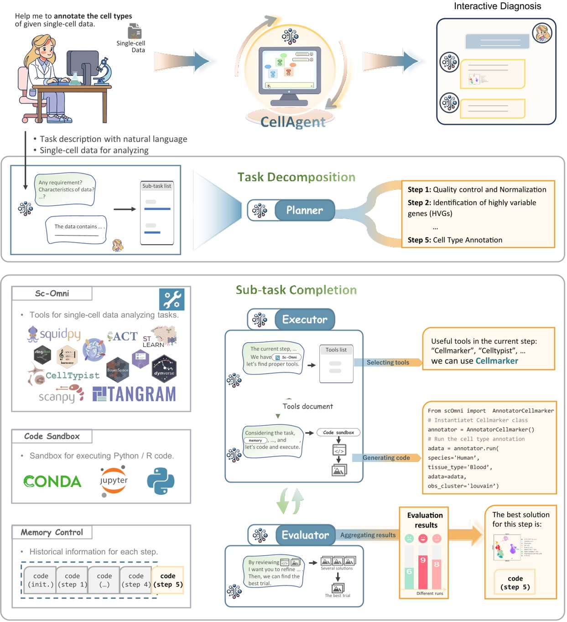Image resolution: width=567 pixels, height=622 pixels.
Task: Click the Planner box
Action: point(304,210)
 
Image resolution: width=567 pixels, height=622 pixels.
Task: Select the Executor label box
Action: point(304,319)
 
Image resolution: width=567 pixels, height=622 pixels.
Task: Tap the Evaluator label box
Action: point(305,535)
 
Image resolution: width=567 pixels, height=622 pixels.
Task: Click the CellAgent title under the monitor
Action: point(293,122)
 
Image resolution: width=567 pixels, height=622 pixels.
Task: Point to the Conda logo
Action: point(52,481)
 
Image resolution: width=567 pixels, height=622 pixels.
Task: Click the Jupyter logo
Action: point(114,481)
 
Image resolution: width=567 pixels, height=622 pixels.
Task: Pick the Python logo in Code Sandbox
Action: point(161,481)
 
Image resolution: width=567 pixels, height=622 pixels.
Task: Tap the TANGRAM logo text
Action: point(135,394)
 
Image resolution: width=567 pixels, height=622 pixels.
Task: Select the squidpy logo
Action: point(54,335)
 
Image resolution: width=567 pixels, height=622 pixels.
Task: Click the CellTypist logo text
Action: point(72,376)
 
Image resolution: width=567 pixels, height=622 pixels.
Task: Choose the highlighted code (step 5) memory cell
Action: point(168,580)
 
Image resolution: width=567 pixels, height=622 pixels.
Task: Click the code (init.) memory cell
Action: point(41,580)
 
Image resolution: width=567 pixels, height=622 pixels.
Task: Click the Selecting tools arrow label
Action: point(388,362)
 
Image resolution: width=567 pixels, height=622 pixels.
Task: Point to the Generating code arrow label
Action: point(386,458)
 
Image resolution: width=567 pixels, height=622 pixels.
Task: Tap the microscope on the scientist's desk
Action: point(103,71)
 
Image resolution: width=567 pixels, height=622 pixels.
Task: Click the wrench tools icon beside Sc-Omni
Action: point(172,299)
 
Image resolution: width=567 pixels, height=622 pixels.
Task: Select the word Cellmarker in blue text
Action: point(497,361)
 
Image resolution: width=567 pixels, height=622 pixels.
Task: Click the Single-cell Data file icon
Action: point(135,31)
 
